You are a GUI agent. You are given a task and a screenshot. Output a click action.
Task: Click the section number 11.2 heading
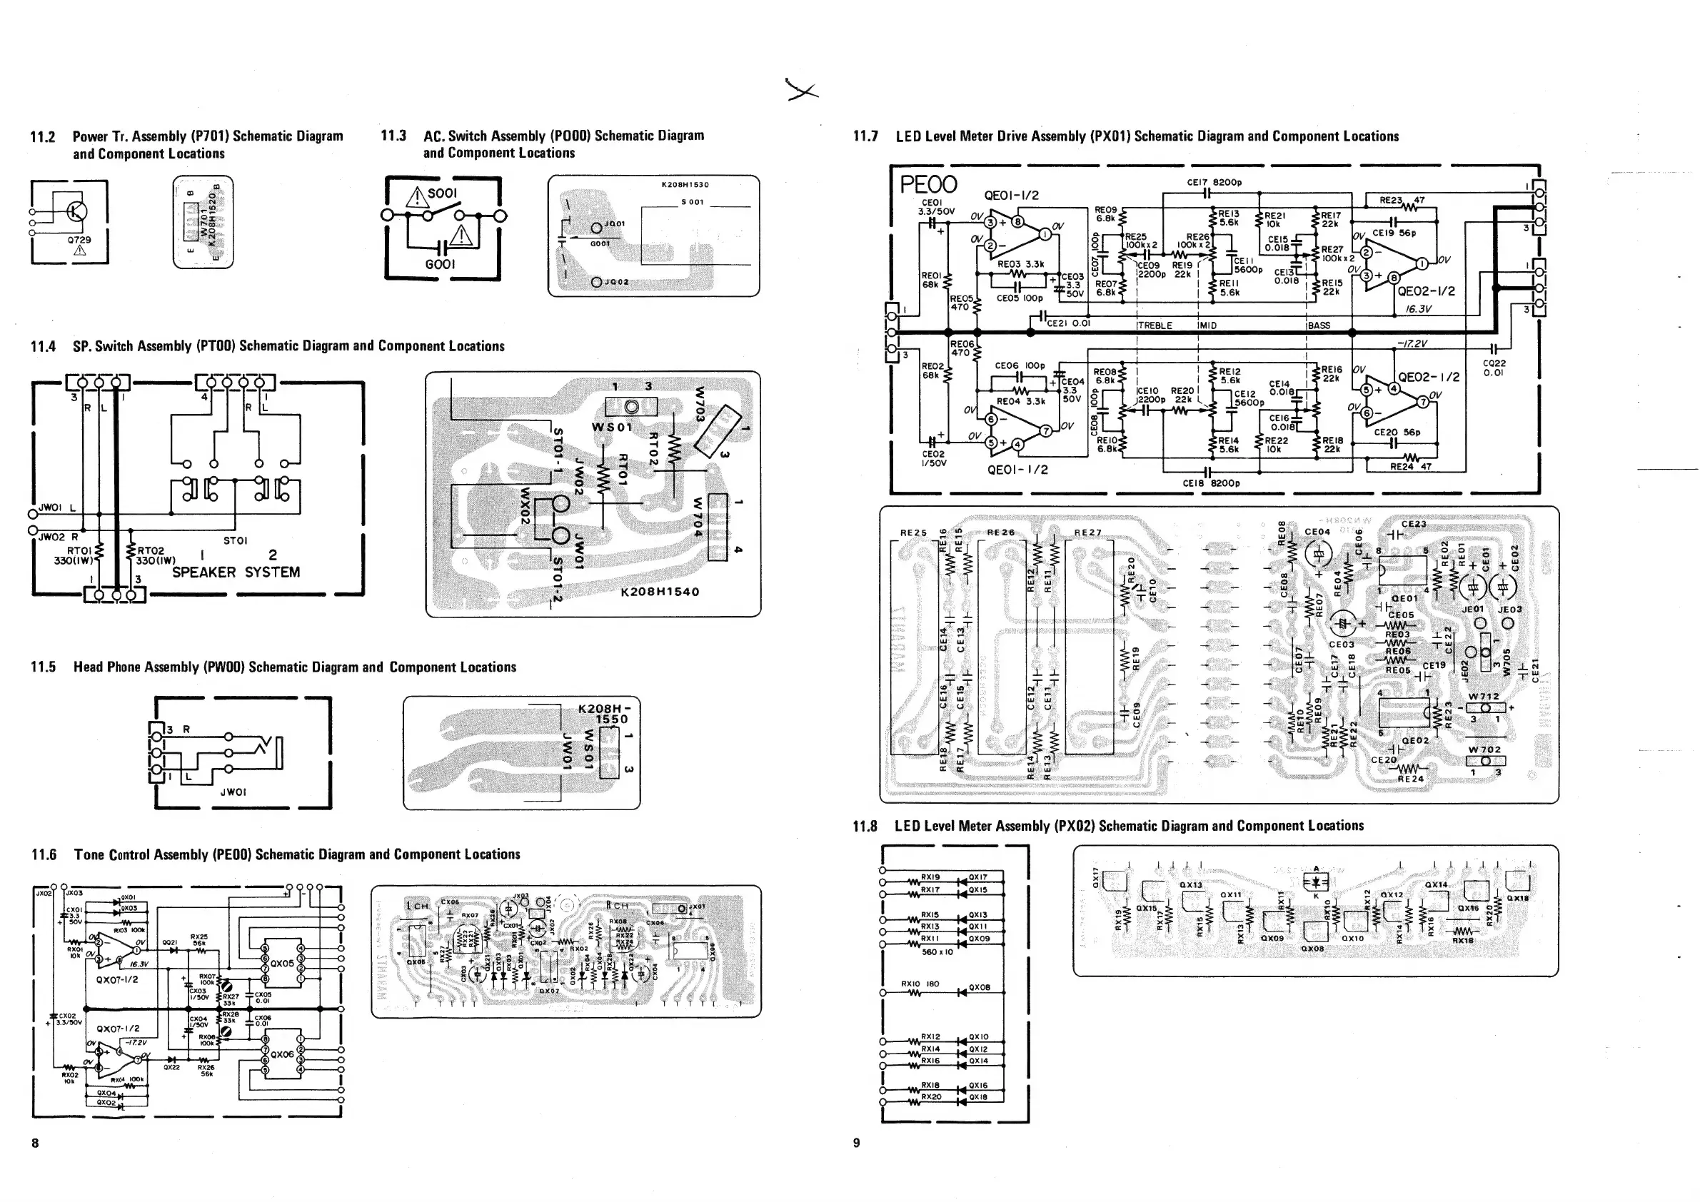point(42,137)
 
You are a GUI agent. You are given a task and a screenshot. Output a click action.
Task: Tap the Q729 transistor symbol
point(76,213)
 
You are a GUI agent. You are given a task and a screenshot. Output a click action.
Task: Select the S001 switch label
point(442,193)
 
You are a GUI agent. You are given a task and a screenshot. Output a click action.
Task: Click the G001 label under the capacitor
point(440,264)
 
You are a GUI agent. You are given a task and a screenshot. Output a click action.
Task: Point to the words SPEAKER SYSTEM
point(236,572)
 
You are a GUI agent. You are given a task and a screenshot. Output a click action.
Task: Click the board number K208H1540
point(660,592)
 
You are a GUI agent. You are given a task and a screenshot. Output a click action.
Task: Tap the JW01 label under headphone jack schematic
point(233,792)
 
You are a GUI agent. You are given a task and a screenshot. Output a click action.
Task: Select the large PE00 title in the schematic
point(928,184)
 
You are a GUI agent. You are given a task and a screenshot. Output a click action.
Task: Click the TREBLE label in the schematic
point(1155,325)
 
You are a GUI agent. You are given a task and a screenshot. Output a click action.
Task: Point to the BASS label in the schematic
point(1319,325)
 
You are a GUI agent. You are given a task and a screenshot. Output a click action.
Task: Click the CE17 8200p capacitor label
point(1214,182)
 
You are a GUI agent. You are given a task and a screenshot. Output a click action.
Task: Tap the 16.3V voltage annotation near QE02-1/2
point(1418,308)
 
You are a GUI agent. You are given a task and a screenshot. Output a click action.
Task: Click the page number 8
point(35,1143)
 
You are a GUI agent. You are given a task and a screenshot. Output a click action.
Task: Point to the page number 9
point(857,1143)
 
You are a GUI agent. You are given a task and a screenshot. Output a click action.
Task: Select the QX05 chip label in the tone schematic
point(282,964)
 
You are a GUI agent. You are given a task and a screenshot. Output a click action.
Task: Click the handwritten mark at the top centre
point(803,91)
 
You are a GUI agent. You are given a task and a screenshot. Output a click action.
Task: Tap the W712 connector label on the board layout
point(1484,697)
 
